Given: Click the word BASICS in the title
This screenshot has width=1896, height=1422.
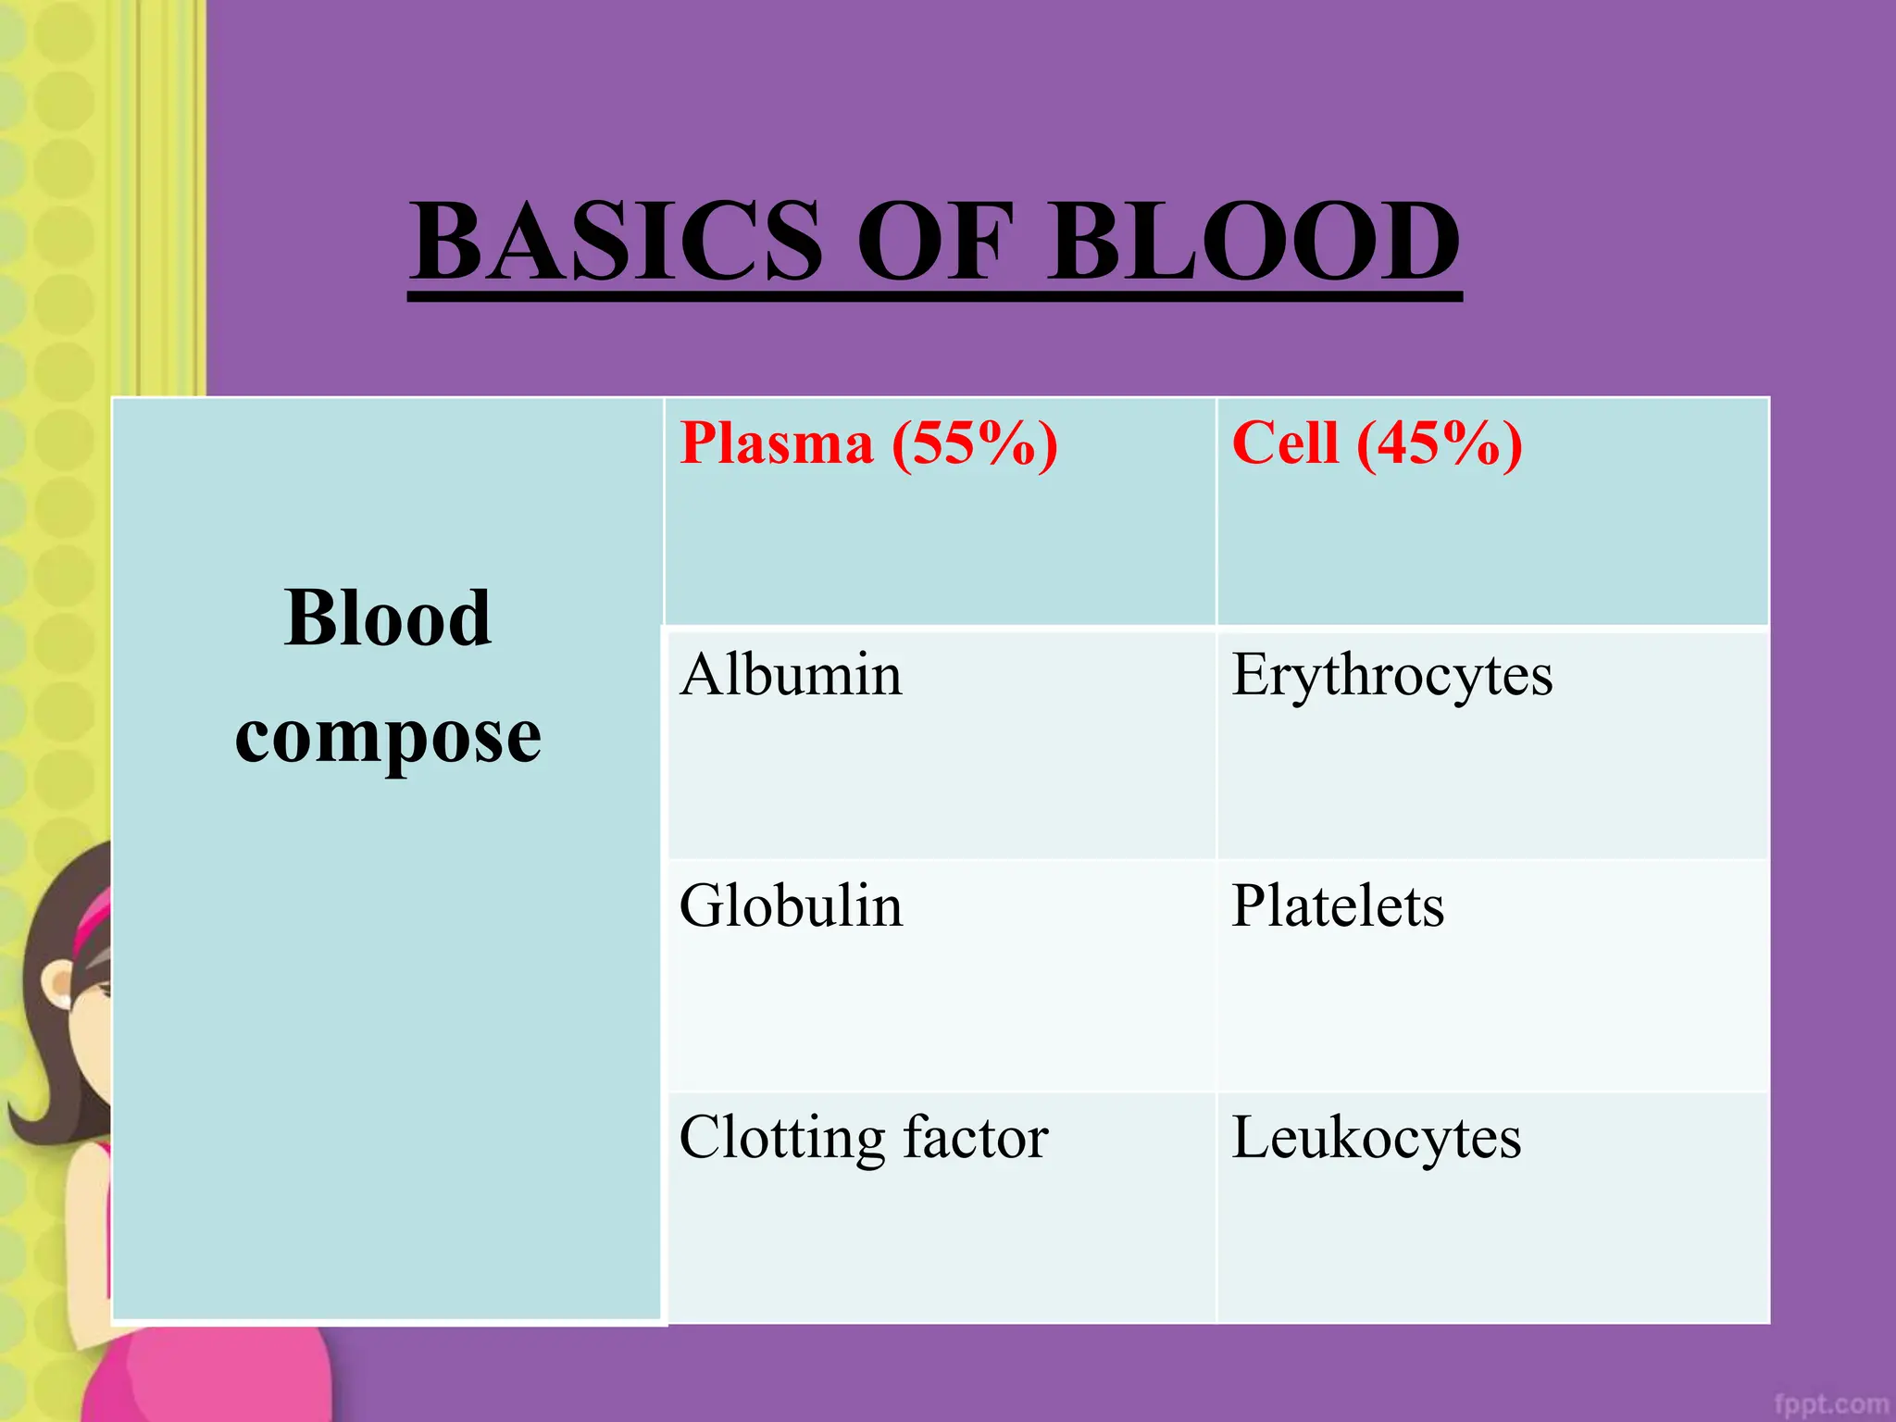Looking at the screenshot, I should click(x=617, y=242).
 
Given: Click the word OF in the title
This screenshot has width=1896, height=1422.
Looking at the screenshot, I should click(x=935, y=242).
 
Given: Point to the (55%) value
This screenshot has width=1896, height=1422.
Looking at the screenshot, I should click(x=975, y=443).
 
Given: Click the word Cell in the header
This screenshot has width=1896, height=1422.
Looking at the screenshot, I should click(x=1285, y=443).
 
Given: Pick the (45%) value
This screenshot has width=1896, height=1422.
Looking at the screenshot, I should click(x=1440, y=443).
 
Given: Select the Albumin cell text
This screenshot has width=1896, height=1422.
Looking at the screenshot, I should click(x=790, y=675).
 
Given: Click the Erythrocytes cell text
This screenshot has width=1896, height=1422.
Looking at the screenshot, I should click(x=1391, y=677).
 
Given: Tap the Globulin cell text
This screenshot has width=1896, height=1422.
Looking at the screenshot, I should click(x=790, y=906).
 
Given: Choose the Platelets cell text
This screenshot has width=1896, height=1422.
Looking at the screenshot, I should click(x=1337, y=906).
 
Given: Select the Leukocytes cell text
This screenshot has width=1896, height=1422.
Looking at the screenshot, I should click(x=1376, y=1139).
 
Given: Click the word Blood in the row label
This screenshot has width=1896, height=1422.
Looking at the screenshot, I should click(x=387, y=618).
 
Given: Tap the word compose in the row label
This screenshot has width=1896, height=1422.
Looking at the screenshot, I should click(x=387, y=739).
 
